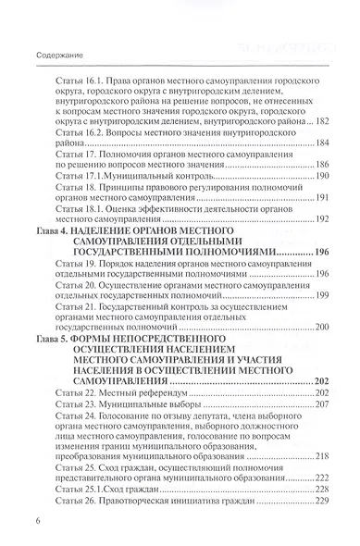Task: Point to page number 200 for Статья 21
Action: (322, 328)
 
